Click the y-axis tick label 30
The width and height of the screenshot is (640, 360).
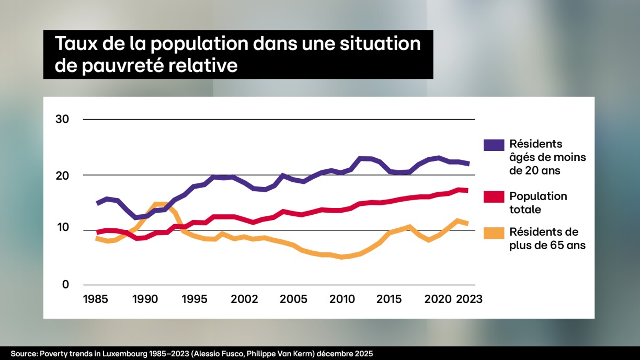click(62, 119)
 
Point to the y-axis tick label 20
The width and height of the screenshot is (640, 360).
click(62, 175)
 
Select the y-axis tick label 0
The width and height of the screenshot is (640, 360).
click(65, 285)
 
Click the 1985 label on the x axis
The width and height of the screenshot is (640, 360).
click(96, 299)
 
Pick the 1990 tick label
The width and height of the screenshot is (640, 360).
click(145, 299)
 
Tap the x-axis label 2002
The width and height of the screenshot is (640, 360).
click(244, 299)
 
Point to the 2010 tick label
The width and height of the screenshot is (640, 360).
click(342, 299)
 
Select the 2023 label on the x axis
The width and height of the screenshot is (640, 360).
click(468, 299)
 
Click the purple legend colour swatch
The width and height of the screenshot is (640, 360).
click(494, 145)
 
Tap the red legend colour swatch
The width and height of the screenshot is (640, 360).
click(494, 197)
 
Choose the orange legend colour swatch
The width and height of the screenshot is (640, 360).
click(494, 233)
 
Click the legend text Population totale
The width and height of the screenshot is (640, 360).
click(538, 203)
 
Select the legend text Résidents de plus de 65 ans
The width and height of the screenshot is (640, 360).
click(547, 238)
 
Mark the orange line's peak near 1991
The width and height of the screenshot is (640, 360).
click(159, 204)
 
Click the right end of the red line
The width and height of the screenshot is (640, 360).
click(467, 190)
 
